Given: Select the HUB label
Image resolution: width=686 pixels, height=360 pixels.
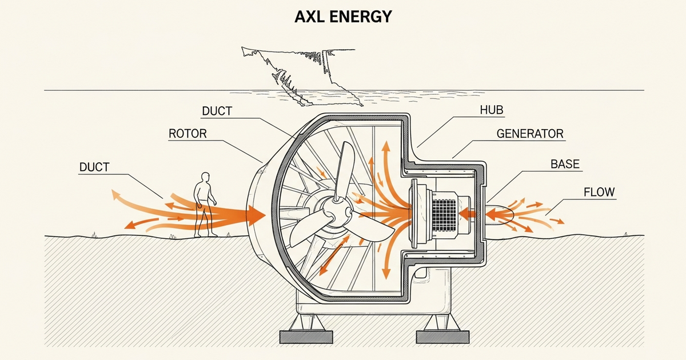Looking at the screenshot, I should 492,110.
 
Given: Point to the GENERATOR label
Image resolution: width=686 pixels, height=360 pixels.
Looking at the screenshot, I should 530,134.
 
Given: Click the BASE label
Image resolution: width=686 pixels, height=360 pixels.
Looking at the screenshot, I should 565,165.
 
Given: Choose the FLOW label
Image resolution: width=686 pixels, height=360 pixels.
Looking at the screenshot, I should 599,192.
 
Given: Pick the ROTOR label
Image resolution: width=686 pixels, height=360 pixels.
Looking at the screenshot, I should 187,134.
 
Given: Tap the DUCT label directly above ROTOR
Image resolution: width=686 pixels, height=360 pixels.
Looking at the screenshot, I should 217,110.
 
